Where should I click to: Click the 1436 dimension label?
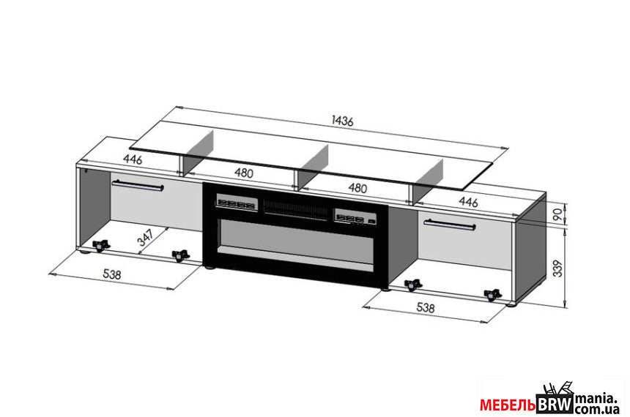pyautogui.click(x=342, y=121)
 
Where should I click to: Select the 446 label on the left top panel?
pyautogui.click(x=133, y=159)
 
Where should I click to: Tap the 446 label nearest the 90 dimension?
pyautogui.click(x=468, y=201)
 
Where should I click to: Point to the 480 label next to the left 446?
pyautogui.click(x=244, y=173)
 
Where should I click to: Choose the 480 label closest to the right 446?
pyautogui.click(x=357, y=188)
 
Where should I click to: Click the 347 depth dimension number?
pyautogui.click(x=146, y=237)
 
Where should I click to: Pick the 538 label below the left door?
pyautogui.click(x=111, y=274)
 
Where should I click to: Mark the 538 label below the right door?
pyautogui.click(x=426, y=307)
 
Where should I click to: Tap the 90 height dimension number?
pyautogui.click(x=558, y=214)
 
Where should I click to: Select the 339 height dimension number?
pyautogui.click(x=558, y=268)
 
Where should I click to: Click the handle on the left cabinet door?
pyautogui.click(x=138, y=185)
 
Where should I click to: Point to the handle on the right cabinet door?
pyautogui.click(x=450, y=225)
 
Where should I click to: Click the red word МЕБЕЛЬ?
pyautogui.click(x=508, y=405)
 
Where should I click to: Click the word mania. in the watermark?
pyautogui.click(x=596, y=399)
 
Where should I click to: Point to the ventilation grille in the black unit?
pyautogui.click(x=295, y=209)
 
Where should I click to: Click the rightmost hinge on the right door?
pyautogui.click(x=492, y=295)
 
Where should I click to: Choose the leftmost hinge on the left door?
pyautogui.click(x=101, y=245)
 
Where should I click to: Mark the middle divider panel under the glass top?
pyautogui.click(x=312, y=165)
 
